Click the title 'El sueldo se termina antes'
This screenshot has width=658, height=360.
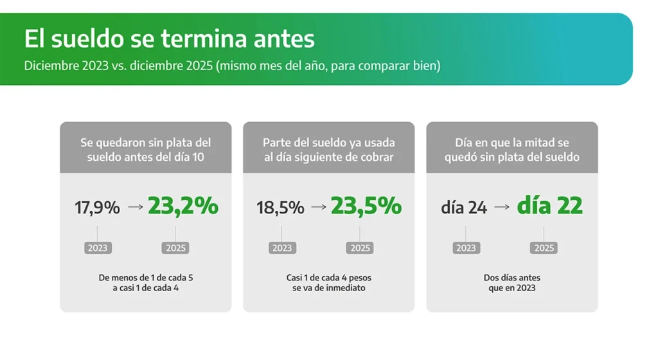169,39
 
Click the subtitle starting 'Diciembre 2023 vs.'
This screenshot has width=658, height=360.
232,66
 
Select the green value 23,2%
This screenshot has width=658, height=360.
183,206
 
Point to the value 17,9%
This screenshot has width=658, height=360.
98,208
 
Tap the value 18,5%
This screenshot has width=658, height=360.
280,208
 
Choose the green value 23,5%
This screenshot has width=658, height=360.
366,206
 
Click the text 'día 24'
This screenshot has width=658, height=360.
464,207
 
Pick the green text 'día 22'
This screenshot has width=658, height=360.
550,206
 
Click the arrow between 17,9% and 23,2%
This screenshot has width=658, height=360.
136,207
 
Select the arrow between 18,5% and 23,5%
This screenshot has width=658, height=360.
319,207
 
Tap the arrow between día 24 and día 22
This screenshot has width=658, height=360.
502,207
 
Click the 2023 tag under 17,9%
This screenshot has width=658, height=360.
98,248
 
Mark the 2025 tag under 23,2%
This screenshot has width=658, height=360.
175,248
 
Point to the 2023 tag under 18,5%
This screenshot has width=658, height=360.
282,248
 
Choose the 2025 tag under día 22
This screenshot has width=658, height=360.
544,248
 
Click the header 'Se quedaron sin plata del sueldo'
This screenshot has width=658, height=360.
146,150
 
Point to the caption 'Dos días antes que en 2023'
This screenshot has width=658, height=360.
512,283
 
